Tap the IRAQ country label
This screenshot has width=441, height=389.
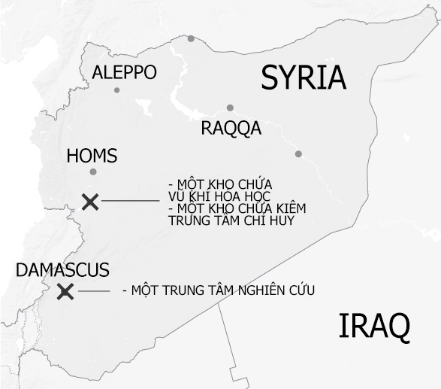point(374,327)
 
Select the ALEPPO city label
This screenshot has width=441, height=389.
point(124,72)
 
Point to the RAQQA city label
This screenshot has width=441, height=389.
point(231,128)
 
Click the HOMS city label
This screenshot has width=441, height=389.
point(92,156)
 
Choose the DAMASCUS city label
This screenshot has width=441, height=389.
point(63,270)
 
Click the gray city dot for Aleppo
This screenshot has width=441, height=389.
point(116,90)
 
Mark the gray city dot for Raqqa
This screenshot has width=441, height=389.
point(230,108)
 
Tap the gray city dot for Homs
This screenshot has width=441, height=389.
point(93,172)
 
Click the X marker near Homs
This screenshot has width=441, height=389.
point(90,201)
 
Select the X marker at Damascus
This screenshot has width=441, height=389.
point(65,292)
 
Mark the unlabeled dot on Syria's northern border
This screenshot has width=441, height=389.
point(192,38)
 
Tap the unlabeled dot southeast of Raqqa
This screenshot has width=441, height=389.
point(298,154)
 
